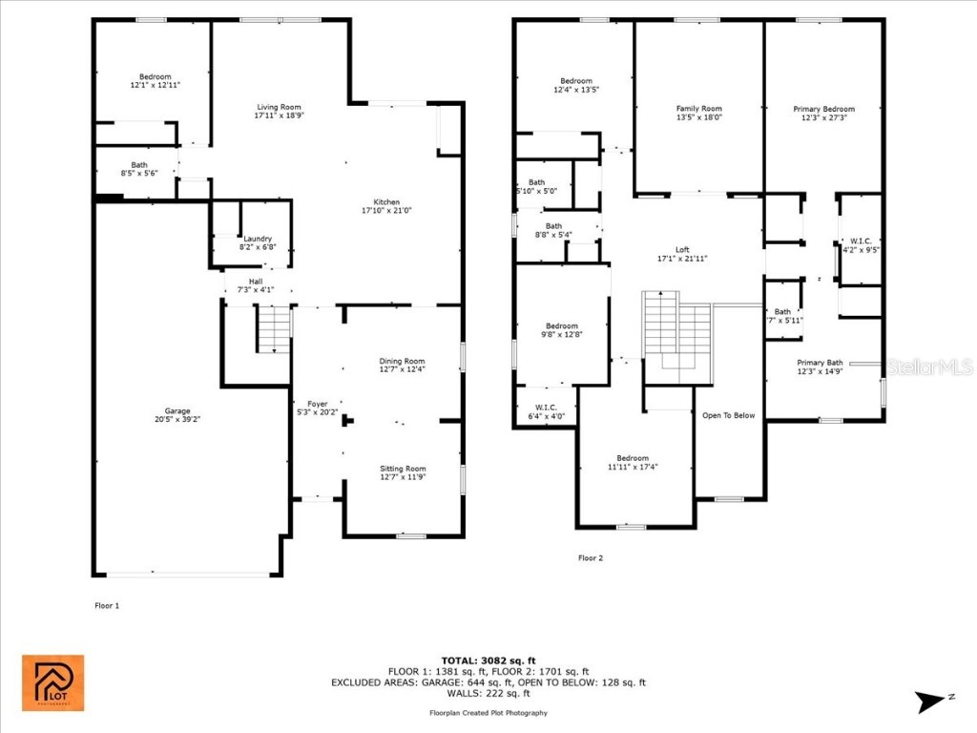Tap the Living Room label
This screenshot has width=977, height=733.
pos(279,107)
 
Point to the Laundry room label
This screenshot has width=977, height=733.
pos(258,239)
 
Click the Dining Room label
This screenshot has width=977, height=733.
pos(402,361)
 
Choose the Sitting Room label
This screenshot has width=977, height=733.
pos(403,469)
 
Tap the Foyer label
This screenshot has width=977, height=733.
pos(317,404)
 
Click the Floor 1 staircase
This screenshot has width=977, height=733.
pos(274,330)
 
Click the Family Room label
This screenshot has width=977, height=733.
pos(699,109)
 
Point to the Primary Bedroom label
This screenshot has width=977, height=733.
pos(824,109)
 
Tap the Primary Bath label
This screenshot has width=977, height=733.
pos(821,363)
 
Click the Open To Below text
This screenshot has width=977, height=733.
pos(729,415)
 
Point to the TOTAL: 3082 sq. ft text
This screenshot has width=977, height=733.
pos(488,660)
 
